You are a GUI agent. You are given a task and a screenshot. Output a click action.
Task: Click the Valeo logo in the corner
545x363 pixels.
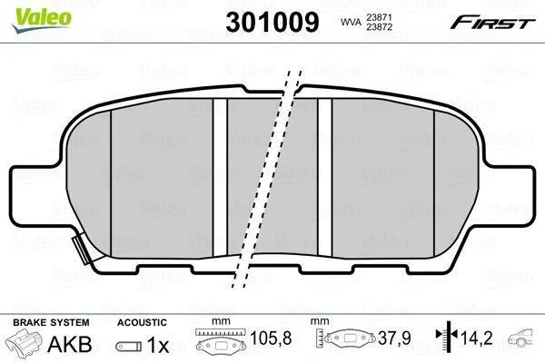(x=42, y=20)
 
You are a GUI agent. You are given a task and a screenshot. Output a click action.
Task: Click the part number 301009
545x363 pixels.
(x=272, y=22)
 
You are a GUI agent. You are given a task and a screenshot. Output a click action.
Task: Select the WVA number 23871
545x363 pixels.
(x=379, y=17)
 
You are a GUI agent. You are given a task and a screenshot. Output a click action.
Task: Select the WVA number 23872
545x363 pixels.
(x=379, y=26)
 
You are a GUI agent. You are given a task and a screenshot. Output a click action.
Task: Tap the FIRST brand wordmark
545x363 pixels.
(x=492, y=23)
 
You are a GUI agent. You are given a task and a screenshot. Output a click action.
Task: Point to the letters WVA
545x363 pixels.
(x=351, y=22)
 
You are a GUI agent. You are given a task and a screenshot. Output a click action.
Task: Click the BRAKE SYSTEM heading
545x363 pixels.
(x=51, y=322)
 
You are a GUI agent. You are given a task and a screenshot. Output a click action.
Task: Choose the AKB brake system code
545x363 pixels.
(x=70, y=344)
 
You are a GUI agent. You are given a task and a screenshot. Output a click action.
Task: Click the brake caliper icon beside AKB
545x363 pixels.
(x=25, y=341)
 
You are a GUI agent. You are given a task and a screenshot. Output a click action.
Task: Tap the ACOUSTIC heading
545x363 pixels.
(x=142, y=322)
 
